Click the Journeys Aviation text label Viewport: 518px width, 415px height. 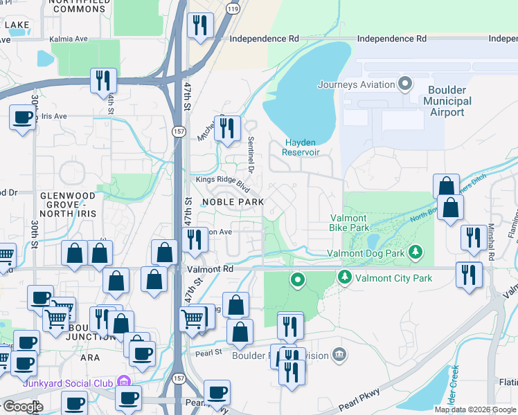click(357, 85)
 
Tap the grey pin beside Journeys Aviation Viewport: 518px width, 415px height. click(407, 85)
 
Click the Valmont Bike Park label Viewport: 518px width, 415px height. click(349, 221)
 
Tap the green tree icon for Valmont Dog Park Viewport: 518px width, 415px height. click(416, 250)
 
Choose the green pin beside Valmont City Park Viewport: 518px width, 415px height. click(344, 278)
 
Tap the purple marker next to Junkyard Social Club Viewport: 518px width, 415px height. click(124, 381)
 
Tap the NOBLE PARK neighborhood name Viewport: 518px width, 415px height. click(233, 202)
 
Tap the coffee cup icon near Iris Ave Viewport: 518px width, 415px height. click(23, 117)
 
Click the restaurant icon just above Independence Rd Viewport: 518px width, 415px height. click(200, 26)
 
